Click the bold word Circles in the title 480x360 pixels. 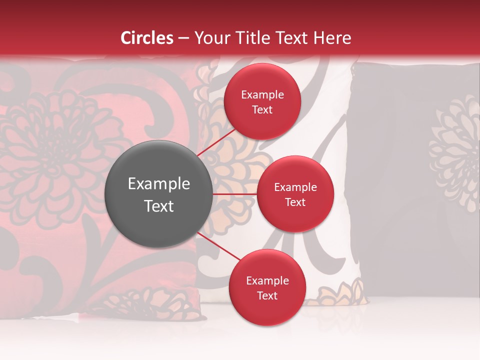(x=147, y=38)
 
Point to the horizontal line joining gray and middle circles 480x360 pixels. (x=234, y=193)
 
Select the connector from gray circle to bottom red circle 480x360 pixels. (x=219, y=246)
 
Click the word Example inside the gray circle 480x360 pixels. (x=159, y=184)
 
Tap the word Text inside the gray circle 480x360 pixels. (x=159, y=206)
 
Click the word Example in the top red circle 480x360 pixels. (x=262, y=95)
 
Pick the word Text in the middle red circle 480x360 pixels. (x=295, y=202)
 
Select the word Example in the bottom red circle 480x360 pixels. (x=267, y=281)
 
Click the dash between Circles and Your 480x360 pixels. (x=183, y=38)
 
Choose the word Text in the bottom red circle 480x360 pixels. (x=267, y=295)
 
